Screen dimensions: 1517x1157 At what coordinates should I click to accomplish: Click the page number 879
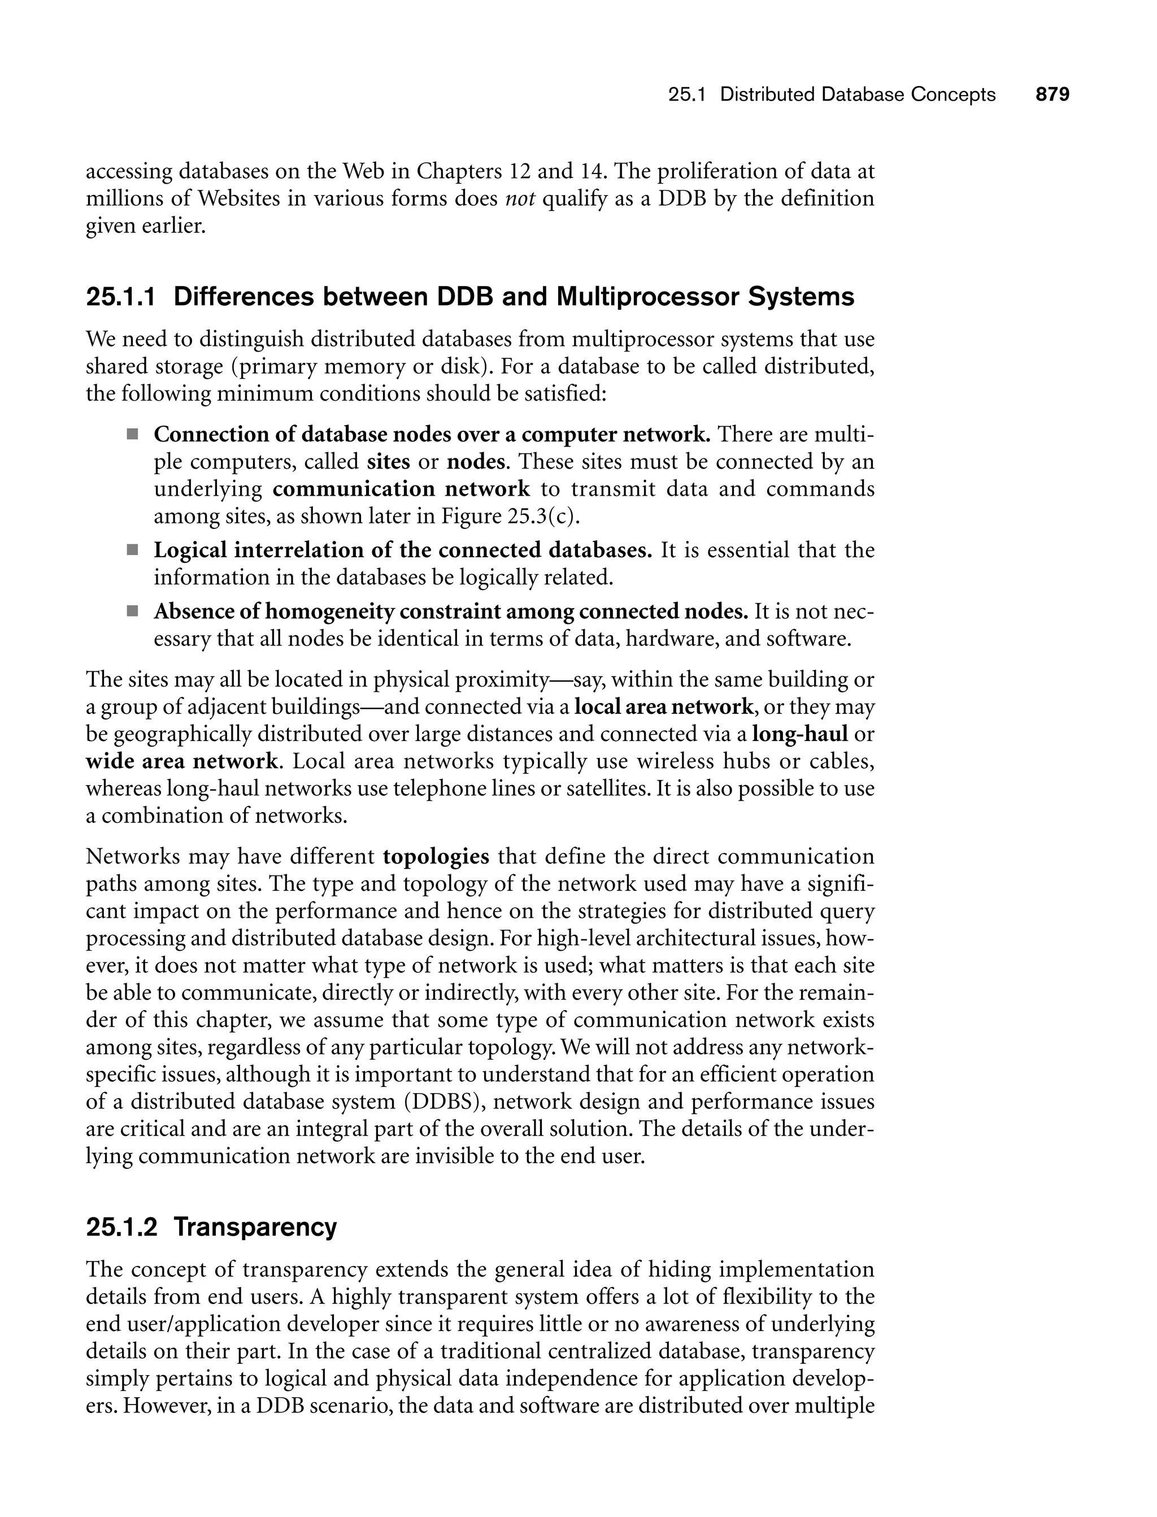1052,94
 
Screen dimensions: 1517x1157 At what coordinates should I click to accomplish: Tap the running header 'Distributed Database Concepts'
858,94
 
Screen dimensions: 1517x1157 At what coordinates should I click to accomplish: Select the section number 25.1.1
120,297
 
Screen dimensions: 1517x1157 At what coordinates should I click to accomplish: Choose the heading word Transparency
255,1227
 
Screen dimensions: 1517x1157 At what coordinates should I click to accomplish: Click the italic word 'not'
520,199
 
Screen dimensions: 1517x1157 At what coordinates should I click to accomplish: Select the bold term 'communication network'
402,489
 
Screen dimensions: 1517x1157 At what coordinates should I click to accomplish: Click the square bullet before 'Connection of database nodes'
132,435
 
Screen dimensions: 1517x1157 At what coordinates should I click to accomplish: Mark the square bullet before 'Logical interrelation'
132,551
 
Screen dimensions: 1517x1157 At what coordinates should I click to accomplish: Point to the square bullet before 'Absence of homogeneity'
132,611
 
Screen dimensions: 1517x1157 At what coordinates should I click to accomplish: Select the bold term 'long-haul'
799,734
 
